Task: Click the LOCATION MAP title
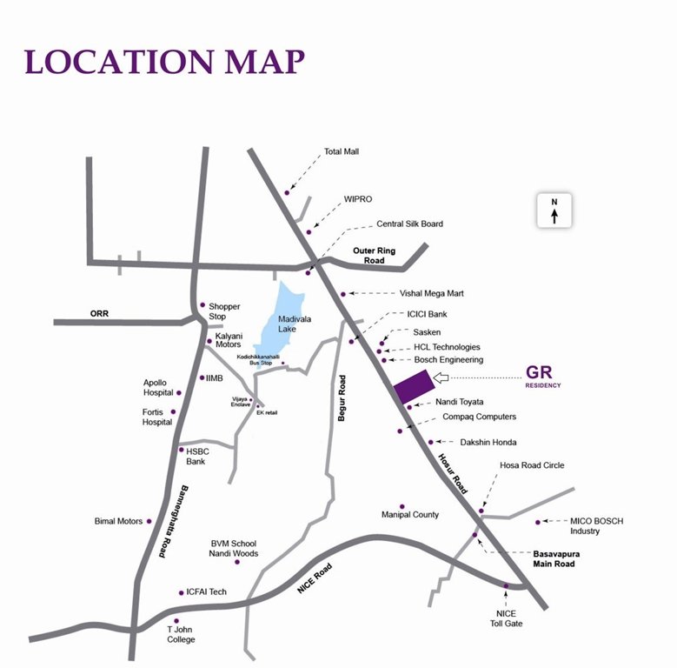165,62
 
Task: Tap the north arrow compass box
554,210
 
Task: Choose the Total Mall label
342,151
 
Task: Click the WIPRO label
358,199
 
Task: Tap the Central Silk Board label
409,224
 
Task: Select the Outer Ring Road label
374,256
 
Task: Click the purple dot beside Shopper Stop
202,305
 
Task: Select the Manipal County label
410,515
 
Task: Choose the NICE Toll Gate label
506,618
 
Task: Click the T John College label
182,634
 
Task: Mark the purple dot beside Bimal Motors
149,522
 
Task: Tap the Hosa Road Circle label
531,465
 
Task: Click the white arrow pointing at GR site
441,377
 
